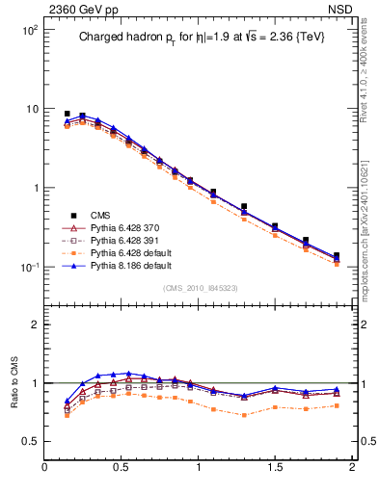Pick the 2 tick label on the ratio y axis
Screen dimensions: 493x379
pos(34,324)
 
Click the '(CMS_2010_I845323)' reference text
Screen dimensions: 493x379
pos(198,288)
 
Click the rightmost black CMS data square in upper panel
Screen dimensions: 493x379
pos(337,257)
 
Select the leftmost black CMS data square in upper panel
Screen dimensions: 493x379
pos(68,114)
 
